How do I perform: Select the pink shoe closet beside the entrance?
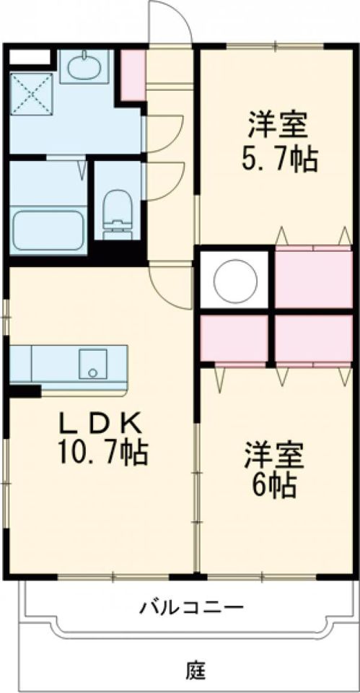132,74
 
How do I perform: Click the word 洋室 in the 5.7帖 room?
279,125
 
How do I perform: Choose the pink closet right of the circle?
313,278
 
